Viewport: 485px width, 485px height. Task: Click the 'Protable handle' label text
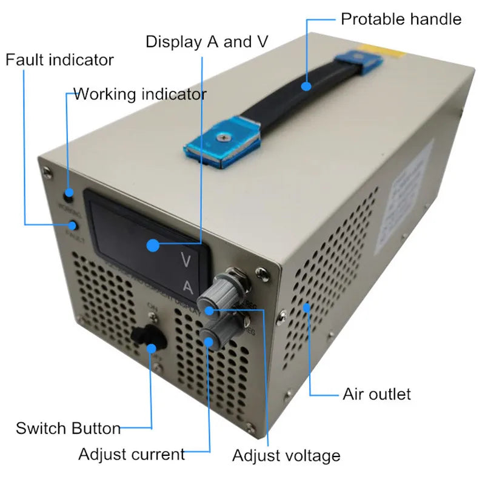tap(401, 19)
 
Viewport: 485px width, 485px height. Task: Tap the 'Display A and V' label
tap(207, 42)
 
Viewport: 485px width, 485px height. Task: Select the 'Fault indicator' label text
tap(59, 60)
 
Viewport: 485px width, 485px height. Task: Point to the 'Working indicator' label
tap(139, 94)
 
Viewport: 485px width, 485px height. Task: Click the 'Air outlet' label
tap(376, 394)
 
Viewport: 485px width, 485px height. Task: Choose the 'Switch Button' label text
tap(68, 428)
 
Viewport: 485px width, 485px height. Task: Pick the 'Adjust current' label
tap(132, 454)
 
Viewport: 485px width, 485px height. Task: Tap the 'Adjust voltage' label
tap(286, 455)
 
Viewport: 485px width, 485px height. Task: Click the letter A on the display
tap(189, 286)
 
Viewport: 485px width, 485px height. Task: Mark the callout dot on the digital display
tap(153, 246)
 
